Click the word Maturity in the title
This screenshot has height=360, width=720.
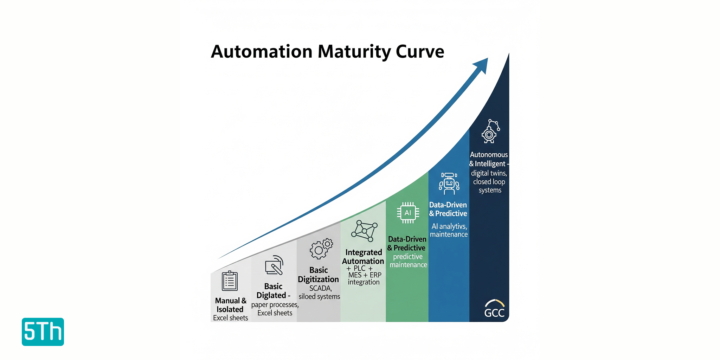click(x=354, y=52)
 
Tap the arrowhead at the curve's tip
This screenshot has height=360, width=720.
click(x=481, y=65)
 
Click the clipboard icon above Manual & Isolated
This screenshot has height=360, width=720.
click(x=230, y=281)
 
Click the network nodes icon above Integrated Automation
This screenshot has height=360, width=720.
click(x=365, y=231)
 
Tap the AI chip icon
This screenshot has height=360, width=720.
click(x=408, y=213)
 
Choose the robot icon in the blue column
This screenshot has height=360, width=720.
click(x=449, y=184)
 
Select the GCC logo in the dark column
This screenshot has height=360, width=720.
click(x=494, y=309)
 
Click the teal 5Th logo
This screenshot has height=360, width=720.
click(x=43, y=332)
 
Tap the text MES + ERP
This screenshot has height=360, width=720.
click(x=365, y=275)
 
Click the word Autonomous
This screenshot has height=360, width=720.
click(x=489, y=155)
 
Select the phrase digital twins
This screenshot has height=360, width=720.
click(x=489, y=173)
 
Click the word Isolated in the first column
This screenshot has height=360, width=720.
click(x=230, y=309)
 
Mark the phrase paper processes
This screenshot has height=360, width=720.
click(x=275, y=305)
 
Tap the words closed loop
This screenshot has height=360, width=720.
click(x=489, y=182)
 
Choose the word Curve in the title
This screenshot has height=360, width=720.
click(x=420, y=52)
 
